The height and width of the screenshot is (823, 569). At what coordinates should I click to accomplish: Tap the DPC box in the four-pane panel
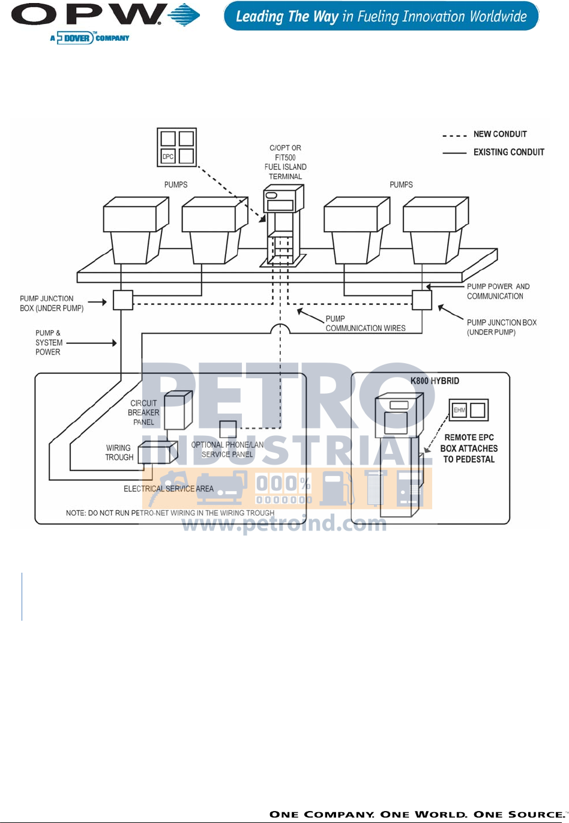168,157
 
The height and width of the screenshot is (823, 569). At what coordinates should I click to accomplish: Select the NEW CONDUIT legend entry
499,134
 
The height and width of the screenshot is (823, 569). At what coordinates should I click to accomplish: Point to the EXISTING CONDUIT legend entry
508,152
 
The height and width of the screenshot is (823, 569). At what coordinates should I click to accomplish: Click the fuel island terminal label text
286,162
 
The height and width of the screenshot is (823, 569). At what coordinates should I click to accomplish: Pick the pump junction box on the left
123,300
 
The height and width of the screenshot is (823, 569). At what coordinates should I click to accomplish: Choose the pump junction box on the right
422,300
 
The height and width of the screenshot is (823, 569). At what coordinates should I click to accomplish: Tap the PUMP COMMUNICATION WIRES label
365,324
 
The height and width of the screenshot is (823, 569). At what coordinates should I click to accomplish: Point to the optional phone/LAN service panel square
227,429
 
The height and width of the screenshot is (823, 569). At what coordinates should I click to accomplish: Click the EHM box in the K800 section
459,411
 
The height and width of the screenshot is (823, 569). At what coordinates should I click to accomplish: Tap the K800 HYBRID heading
435,381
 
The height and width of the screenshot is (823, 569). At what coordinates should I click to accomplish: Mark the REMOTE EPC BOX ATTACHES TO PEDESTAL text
469,448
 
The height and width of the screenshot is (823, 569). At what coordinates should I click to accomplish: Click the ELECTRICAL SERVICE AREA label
169,489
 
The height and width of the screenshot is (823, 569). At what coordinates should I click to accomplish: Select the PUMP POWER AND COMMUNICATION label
498,291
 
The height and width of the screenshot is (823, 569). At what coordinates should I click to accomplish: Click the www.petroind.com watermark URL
284,523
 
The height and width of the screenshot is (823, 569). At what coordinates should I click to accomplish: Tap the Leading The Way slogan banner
381,16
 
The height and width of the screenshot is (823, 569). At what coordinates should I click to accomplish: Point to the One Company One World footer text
415,814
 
